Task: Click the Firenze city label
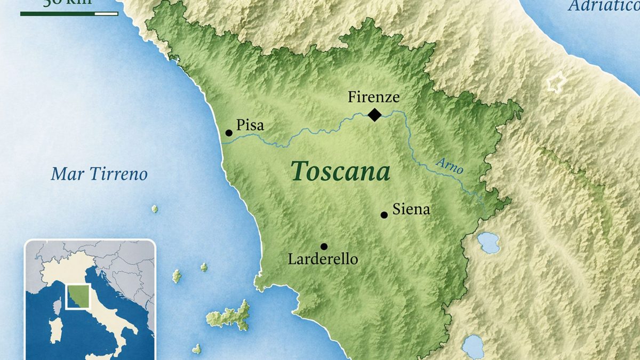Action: (373, 97)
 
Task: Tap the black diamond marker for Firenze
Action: (375, 114)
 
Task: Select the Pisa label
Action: (250, 126)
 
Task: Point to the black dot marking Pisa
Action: (229, 133)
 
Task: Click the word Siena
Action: (411, 210)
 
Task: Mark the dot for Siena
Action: (384, 215)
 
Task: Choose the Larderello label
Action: (323, 259)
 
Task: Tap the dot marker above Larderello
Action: (324, 246)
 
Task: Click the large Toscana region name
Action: (341, 172)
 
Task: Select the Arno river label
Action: (449, 166)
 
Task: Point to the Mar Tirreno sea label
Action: (99, 174)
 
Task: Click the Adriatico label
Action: (603, 6)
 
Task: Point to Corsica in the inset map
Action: (56, 306)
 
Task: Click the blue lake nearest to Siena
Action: (488, 243)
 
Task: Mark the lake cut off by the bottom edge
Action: (473, 348)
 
